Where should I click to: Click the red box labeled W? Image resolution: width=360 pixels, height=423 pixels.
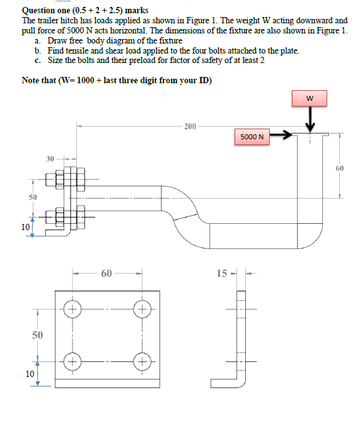[x=310, y=98]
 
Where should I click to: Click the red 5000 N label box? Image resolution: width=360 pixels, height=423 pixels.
[x=252, y=137]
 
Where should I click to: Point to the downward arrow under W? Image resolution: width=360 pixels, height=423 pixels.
[x=310, y=119]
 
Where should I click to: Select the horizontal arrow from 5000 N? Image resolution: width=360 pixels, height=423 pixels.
[x=281, y=134]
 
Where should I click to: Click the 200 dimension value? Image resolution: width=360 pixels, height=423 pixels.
[x=190, y=126]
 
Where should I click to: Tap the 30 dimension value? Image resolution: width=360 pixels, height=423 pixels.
[x=50, y=159]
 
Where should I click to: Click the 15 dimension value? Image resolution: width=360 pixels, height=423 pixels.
[x=222, y=273]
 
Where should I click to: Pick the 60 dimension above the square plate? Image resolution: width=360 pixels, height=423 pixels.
[x=107, y=273]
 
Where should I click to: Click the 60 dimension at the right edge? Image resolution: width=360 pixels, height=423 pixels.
[x=340, y=168]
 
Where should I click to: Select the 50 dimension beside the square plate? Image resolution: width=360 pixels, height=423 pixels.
[x=37, y=335]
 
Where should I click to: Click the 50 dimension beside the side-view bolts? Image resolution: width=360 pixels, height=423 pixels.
[x=33, y=197]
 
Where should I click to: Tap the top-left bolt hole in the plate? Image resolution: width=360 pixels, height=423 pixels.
[x=73, y=309]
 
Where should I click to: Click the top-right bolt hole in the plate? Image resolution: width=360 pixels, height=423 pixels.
[x=142, y=309]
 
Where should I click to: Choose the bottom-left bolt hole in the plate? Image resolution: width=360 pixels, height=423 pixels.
[x=73, y=361]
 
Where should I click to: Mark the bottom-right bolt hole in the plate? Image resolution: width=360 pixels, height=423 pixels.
[x=142, y=361]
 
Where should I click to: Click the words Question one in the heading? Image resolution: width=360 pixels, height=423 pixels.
[x=46, y=11]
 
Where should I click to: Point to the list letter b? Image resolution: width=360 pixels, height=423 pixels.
[x=38, y=50]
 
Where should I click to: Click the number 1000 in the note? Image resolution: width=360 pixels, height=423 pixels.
[x=86, y=81]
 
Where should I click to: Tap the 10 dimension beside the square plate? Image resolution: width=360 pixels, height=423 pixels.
[x=30, y=374]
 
